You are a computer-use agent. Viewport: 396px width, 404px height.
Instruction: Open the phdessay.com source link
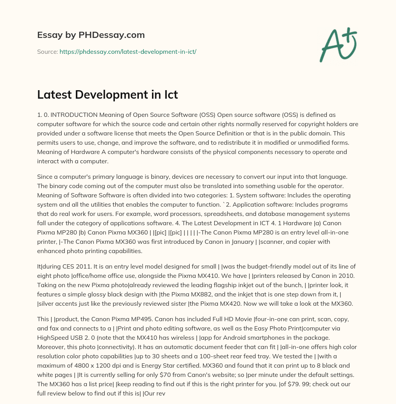pyautogui.click(x=128, y=51)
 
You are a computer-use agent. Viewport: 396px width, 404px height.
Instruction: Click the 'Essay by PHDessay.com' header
pyautogui.click(x=91, y=35)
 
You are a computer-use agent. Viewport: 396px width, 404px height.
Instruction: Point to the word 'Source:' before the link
pyautogui.click(x=47, y=51)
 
